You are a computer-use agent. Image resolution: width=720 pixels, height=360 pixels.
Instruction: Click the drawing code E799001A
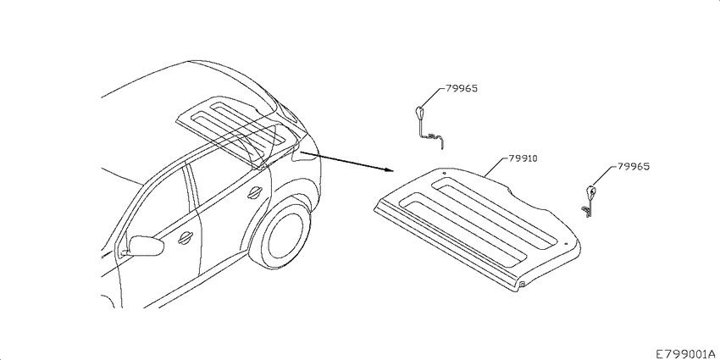tap(687, 354)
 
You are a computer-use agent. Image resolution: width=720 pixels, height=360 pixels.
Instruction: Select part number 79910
tap(523, 158)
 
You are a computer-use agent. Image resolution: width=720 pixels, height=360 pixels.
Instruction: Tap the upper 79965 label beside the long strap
tap(461, 89)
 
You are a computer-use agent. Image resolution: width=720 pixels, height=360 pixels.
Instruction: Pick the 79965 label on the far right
tap(634, 167)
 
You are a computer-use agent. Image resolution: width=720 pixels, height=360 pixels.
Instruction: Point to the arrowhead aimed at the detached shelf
tap(390, 169)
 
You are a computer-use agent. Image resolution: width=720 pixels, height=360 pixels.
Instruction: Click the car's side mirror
tap(146, 246)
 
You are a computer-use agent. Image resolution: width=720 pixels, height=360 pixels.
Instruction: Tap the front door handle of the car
tap(186, 237)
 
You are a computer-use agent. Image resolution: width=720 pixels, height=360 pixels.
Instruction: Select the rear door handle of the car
tap(254, 193)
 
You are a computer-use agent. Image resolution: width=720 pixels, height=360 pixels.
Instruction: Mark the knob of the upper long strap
tap(419, 112)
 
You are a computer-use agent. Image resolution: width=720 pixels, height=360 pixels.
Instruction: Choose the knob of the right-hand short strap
tap(591, 190)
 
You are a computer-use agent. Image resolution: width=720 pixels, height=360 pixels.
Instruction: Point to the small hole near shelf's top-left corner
tap(444, 173)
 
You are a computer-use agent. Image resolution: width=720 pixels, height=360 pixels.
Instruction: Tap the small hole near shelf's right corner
tap(566, 244)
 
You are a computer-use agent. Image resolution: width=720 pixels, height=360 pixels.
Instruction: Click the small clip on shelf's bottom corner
tap(523, 285)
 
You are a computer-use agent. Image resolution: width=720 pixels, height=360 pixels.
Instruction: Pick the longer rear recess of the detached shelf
tap(495, 213)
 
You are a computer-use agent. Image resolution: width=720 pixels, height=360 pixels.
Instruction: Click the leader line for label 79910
tap(496, 167)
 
